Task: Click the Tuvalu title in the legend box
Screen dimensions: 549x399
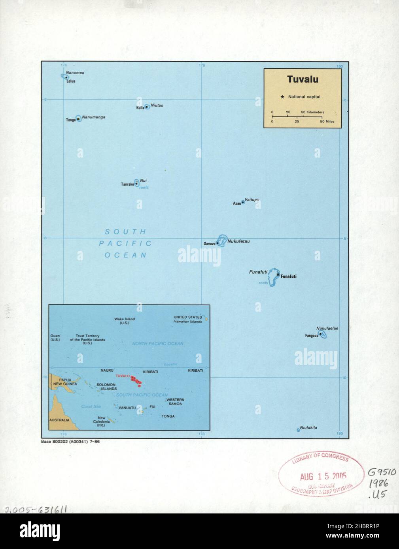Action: (x=303, y=79)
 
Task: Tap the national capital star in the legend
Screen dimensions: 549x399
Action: (x=282, y=97)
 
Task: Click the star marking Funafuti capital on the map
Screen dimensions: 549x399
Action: (x=278, y=274)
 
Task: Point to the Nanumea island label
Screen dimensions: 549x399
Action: (x=75, y=73)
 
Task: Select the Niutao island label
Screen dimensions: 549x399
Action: (x=157, y=105)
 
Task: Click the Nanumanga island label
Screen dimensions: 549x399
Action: (x=93, y=117)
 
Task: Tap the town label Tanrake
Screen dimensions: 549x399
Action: (x=127, y=184)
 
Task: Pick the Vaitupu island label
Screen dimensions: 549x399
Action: (x=252, y=200)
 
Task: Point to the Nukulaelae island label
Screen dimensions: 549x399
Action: (x=327, y=328)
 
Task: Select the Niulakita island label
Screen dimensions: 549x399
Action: (x=308, y=428)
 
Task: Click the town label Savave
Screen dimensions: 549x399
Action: (x=210, y=244)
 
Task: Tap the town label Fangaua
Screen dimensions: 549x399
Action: (x=312, y=336)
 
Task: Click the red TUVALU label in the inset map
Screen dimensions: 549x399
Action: (x=123, y=376)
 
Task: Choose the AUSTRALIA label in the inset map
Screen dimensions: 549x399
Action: (x=59, y=420)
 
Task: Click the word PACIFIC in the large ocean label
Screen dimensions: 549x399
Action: (x=125, y=243)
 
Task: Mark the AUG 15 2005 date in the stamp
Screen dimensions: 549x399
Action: (x=323, y=476)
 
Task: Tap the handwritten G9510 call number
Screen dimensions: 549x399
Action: (x=382, y=472)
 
